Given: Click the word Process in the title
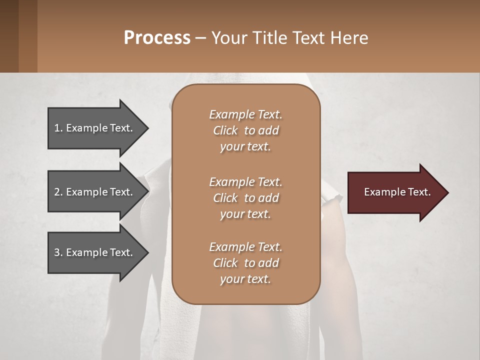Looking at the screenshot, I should [157, 37].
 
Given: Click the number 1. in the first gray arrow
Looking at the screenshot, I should [58, 128].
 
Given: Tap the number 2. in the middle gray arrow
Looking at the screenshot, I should [58, 192].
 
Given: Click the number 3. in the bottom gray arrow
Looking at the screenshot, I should [58, 252].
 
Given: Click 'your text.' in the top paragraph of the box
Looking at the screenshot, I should [245, 147].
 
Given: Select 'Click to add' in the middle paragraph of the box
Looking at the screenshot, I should [245, 198].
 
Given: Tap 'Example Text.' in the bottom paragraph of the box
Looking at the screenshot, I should [245, 247].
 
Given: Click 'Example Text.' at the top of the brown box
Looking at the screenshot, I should [245, 114].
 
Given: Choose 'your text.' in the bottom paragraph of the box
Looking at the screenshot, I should [245, 279].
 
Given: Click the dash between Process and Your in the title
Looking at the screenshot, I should [201, 38].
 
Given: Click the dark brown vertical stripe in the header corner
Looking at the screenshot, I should [27, 36].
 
